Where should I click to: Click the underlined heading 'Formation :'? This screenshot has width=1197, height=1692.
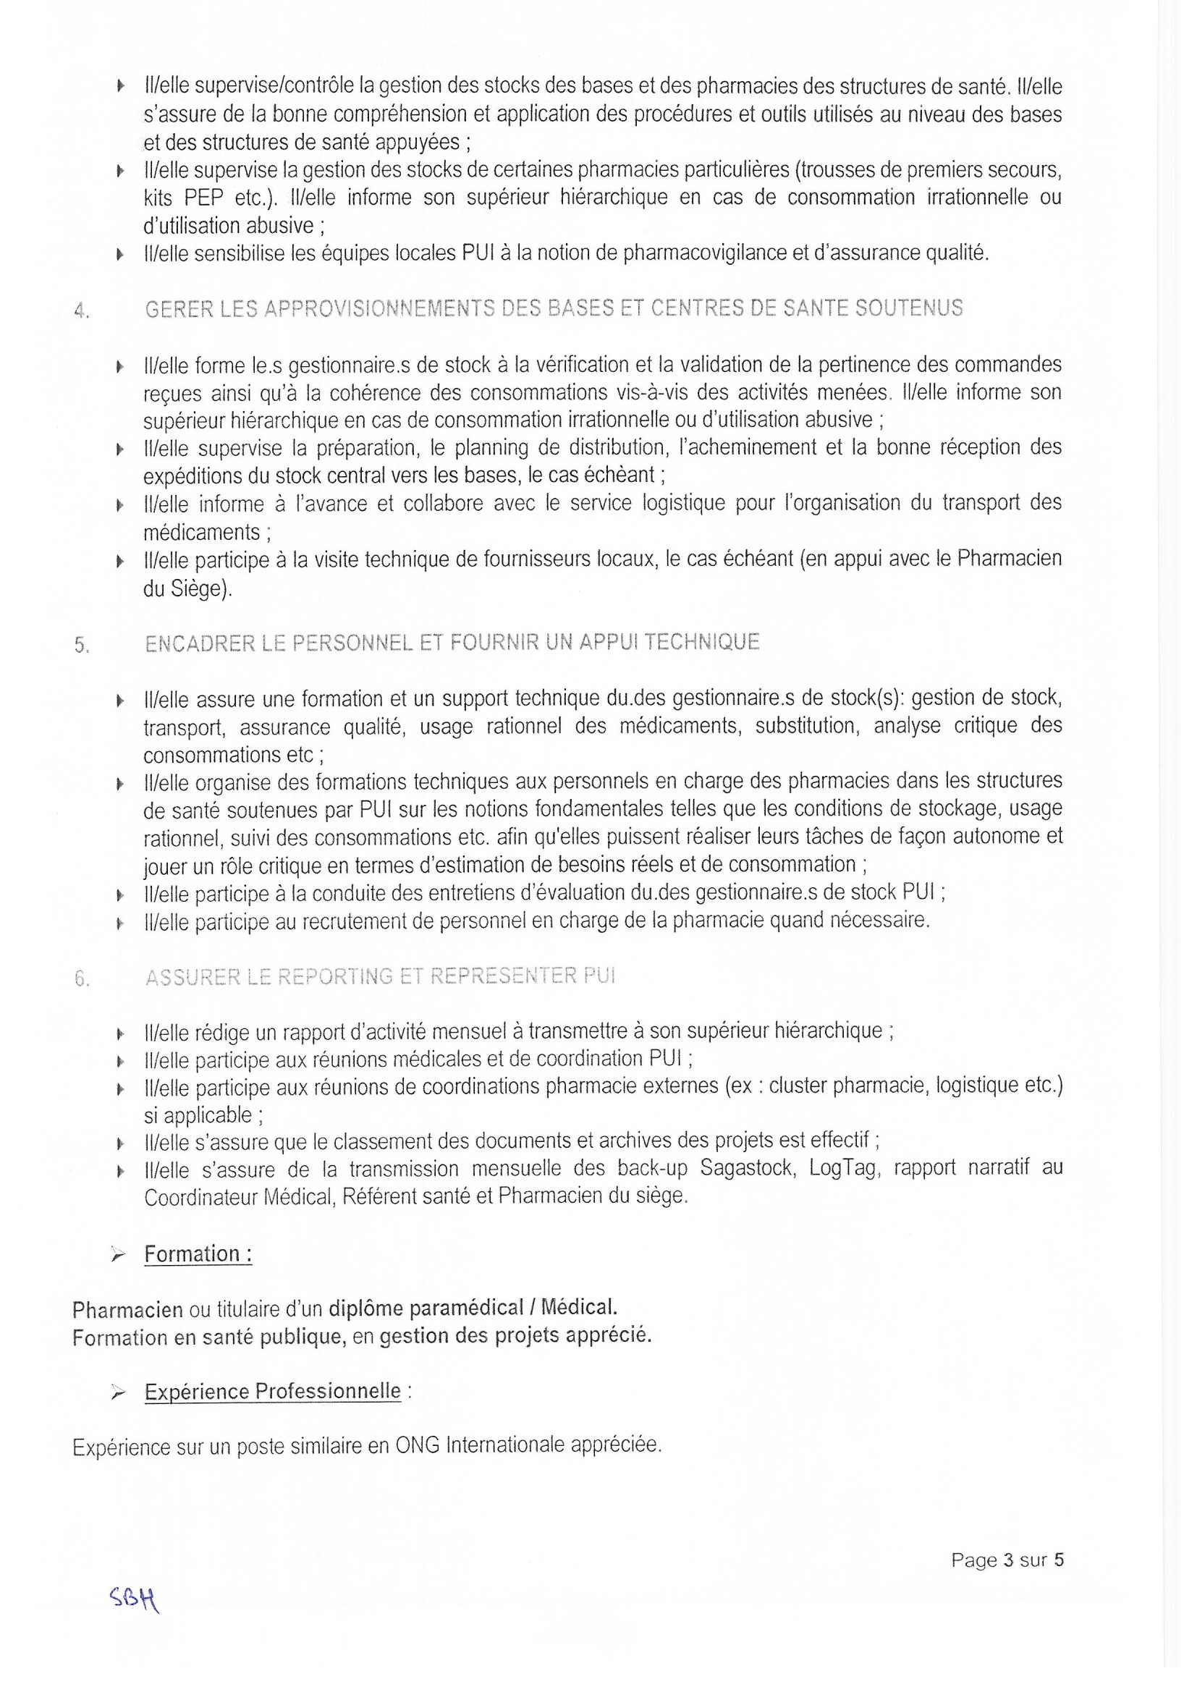click(198, 1253)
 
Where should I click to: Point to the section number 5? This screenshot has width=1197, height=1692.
click(82, 646)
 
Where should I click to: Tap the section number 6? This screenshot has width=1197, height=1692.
click(82, 980)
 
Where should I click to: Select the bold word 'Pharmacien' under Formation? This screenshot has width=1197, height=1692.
click(127, 1310)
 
